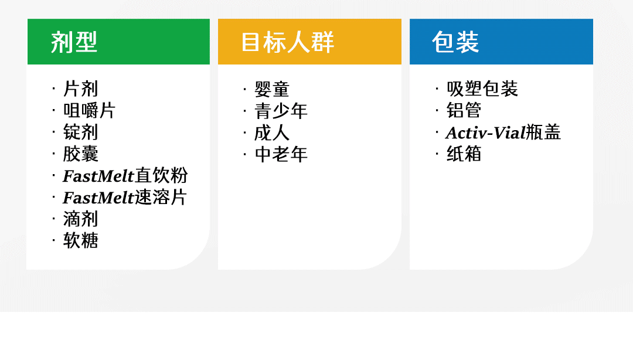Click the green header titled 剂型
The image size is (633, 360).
tap(118, 42)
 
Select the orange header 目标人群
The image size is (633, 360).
tap(309, 42)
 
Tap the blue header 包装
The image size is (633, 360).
tap(501, 42)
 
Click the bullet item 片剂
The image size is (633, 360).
tap(81, 89)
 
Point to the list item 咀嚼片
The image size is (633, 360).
tap(89, 111)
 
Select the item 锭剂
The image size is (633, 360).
tap(81, 132)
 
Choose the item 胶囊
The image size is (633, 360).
tap(81, 154)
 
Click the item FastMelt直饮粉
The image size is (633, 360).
tap(125, 176)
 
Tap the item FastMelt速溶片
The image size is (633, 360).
tap(125, 198)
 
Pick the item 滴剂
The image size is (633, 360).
tap(81, 219)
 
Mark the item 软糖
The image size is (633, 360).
tap(81, 241)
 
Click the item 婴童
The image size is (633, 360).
tap(272, 89)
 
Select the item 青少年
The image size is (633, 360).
tap(281, 111)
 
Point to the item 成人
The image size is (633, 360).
tap(272, 133)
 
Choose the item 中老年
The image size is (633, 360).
tap(281, 154)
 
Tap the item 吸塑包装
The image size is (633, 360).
tap(482, 89)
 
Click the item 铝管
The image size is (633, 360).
tap(464, 110)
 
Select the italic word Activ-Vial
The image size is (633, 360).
tap(486, 133)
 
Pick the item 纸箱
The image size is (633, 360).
tap(464, 154)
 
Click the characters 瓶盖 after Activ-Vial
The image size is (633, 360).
tap(543, 132)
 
